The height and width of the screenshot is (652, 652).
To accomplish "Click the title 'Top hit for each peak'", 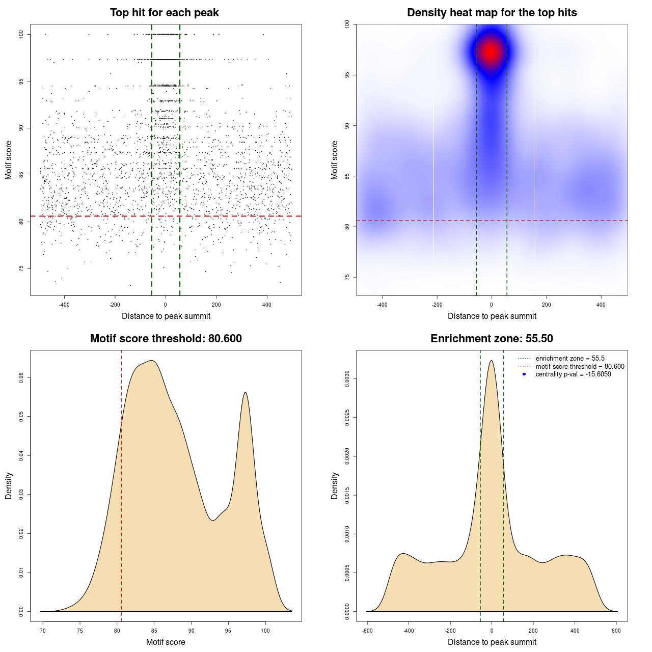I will click(x=165, y=13).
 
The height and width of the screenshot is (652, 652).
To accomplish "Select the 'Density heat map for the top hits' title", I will click(x=492, y=13).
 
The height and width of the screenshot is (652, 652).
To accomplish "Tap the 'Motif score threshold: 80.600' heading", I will click(x=166, y=339).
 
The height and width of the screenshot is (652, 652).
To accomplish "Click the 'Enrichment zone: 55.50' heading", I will click(x=492, y=339).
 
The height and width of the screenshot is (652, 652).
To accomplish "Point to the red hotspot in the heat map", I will click(x=491, y=51).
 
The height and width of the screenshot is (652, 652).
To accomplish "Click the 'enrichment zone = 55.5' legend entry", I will click(x=570, y=359).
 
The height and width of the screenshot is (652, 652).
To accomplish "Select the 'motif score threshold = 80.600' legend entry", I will click(x=580, y=366).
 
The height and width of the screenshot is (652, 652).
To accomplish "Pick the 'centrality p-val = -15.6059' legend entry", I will click(x=573, y=374).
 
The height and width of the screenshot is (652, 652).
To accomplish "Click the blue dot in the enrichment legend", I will click(x=524, y=374).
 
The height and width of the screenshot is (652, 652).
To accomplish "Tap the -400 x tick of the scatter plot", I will click(x=64, y=305).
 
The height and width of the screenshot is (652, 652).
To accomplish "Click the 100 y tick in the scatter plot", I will click(x=21, y=34).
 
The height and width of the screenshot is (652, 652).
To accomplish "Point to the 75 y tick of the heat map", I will click(x=347, y=277).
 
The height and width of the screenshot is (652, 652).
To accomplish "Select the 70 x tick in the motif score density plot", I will click(x=43, y=631).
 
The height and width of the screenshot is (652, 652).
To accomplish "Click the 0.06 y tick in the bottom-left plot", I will click(x=21, y=377).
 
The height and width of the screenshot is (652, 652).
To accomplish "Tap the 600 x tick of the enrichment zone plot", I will click(x=616, y=631).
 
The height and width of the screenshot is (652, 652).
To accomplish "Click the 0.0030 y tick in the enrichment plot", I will click(x=347, y=379).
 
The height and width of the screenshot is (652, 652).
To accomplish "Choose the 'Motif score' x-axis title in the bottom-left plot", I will click(x=166, y=642).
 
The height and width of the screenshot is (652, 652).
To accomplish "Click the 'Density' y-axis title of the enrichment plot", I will click(x=335, y=485).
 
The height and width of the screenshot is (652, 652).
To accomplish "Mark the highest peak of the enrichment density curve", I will click(x=491, y=361).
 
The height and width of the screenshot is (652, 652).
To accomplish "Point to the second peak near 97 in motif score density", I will click(x=246, y=392).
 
